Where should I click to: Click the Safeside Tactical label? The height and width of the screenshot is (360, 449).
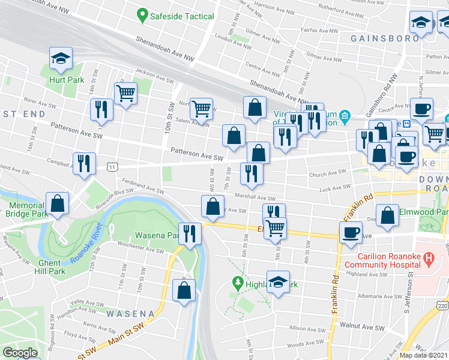point(183,16)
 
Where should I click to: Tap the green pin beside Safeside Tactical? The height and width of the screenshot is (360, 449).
point(142,15)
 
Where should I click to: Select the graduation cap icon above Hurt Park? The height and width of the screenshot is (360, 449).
point(61,59)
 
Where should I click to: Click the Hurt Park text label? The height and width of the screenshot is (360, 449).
point(67,79)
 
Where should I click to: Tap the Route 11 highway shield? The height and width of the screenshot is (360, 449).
point(112,166)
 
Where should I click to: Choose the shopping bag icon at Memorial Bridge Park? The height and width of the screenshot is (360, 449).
point(57,204)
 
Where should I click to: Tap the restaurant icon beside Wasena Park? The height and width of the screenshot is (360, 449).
point(190,233)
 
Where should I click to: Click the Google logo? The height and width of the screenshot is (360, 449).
point(20,353)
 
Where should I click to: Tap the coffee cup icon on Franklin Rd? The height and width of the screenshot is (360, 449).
point(351,233)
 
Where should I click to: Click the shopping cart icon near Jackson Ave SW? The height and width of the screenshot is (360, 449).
point(125,93)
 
